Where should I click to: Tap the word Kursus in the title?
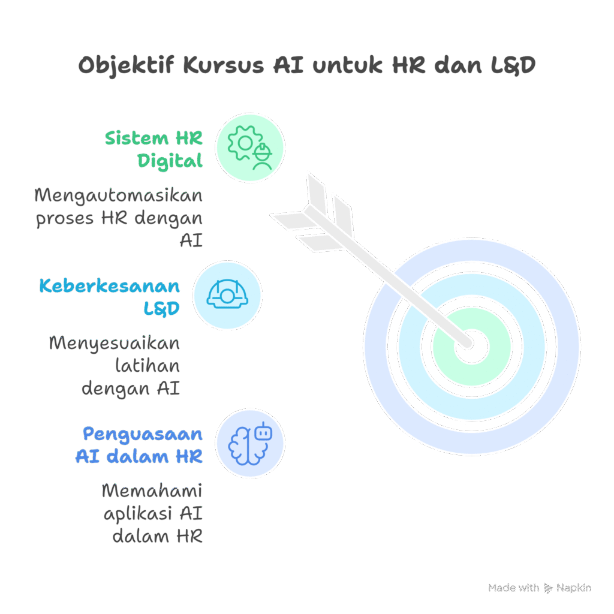222,65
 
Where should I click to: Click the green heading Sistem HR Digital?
155,149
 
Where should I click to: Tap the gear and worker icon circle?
249,147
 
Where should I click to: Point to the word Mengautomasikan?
118,195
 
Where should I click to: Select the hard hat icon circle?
227,294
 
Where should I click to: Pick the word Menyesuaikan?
114,344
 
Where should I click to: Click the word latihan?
148,366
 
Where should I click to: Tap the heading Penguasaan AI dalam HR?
139,444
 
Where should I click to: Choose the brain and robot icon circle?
249,443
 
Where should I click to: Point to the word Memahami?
152,491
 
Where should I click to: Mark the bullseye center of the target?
471,347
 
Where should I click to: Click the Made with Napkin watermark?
540,588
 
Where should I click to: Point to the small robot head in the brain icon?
263,431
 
